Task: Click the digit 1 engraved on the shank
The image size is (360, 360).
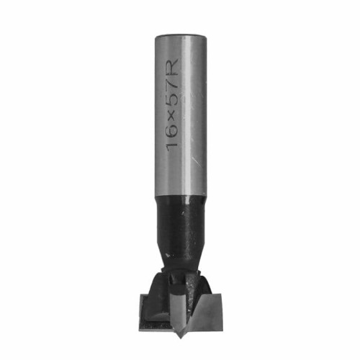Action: click(173, 145)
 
